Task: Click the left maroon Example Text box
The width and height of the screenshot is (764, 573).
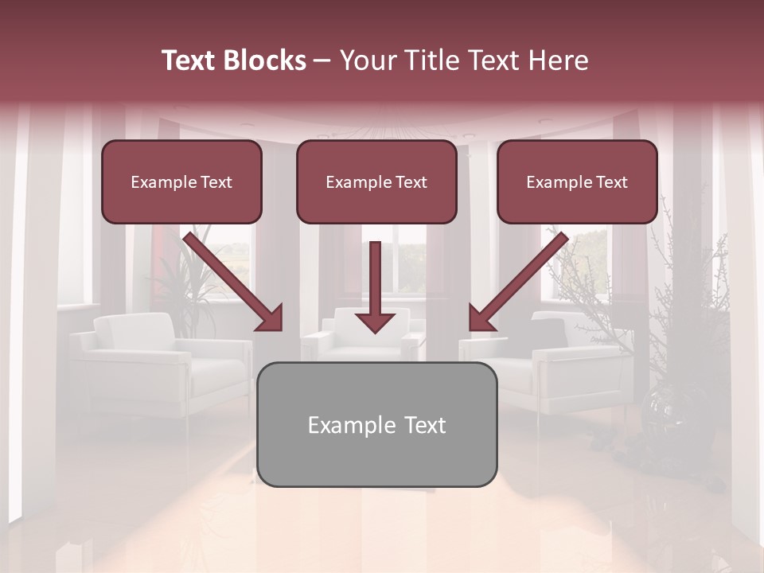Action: coord(181,181)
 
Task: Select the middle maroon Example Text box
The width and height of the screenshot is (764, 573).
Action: coord(376,181)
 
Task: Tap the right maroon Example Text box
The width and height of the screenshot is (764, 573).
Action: coord(577,181)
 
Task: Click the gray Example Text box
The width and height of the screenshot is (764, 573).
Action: coord(377,424)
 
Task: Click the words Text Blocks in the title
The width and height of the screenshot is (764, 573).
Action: coord(234,60)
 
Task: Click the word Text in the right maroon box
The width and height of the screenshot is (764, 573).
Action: coord(611,182)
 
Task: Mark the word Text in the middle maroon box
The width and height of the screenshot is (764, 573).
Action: coord(411,182)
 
